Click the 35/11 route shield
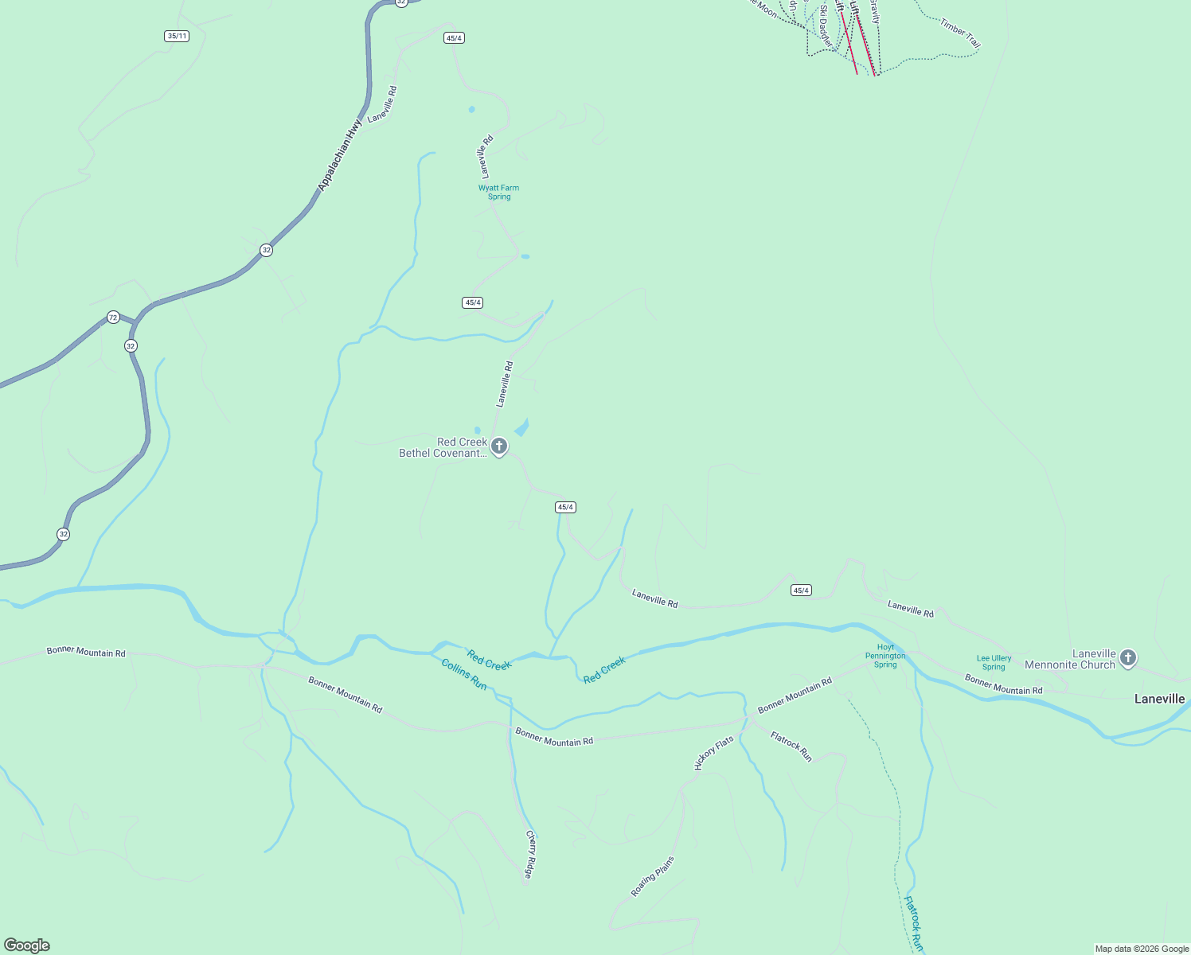[x=177, y=36]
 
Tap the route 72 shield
[x=113, y=318]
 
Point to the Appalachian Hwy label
[x=339, y=155]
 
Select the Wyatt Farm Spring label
[x=498, y=193]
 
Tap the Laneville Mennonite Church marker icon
[x=1127, y=657]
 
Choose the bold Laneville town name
[x=1159, y=699]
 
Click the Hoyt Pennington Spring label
[x=885, y=657]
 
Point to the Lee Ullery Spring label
[x=994, y=662]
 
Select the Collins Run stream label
[x=464, y=674]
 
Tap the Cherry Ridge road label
[x=530, y=856]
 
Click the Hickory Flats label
[x=713, y=754]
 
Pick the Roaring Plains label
[x=653, y=876]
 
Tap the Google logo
[x=27, y=945]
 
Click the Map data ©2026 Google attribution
[x=1142, y=949]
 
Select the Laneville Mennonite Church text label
[x=1070, y=660]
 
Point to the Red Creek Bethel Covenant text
[x=443, y=448]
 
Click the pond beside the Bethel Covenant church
[x=522, y=428]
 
